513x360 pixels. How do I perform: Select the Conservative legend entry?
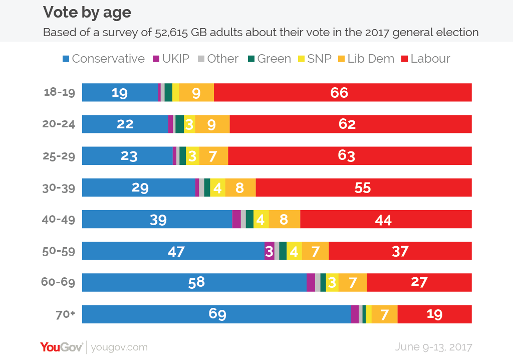pyautogui.click(x=103, y=59)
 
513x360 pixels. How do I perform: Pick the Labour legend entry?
pyautogui.click(x=425, y=59)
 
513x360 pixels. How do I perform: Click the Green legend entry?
pyautogui.click(x=269, y=59)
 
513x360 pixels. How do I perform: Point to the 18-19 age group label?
pyautogui.click(x=60, y=93)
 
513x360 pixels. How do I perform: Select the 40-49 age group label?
pyautogui.click(x=60, y=220)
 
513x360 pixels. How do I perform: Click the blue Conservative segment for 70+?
pyautogui.click(x=216, y=314)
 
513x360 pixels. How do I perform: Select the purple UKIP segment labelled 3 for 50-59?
pyautogui.click(x=269, y=251)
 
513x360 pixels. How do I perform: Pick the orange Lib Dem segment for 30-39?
pyautogui.click(x=240, y=188)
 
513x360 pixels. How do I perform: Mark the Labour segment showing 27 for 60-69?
pyautogui.click(x=419, y=282)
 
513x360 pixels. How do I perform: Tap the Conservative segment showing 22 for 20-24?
pyautogui.click(x=125, y=124)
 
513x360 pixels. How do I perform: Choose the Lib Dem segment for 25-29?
pyautogui.click(x=213, y=156)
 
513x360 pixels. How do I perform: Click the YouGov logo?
pyautogui.click(x=61, y=346)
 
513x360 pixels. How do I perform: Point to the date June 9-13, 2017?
pyautogui.click(x=433, y=346)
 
